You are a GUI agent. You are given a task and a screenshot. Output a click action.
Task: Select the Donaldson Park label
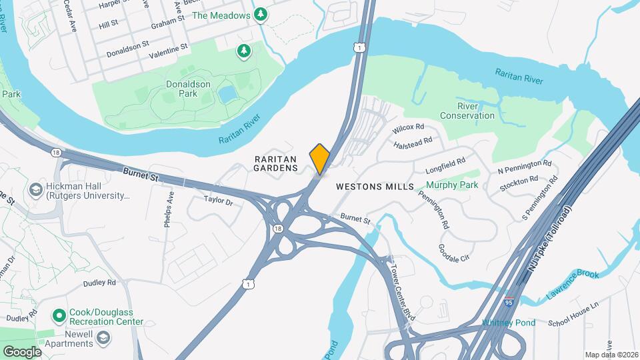tap(188, 89)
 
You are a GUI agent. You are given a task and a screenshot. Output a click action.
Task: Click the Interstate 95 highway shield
tap(509, 303)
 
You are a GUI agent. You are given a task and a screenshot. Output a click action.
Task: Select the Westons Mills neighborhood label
tap(375, 187)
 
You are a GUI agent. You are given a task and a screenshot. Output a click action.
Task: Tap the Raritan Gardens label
tap(275, 164)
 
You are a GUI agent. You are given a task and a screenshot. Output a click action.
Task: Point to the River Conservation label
tap(476, 111)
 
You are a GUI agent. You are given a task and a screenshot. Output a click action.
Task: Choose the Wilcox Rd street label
tap(408, 127)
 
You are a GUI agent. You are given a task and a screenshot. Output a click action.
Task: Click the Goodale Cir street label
tap(454, 251)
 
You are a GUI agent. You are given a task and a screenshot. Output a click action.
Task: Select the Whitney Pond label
tap(509, 323)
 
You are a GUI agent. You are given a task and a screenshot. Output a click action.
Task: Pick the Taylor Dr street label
tap(218, 201)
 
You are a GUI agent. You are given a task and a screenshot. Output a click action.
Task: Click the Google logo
tap(21, 352)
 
